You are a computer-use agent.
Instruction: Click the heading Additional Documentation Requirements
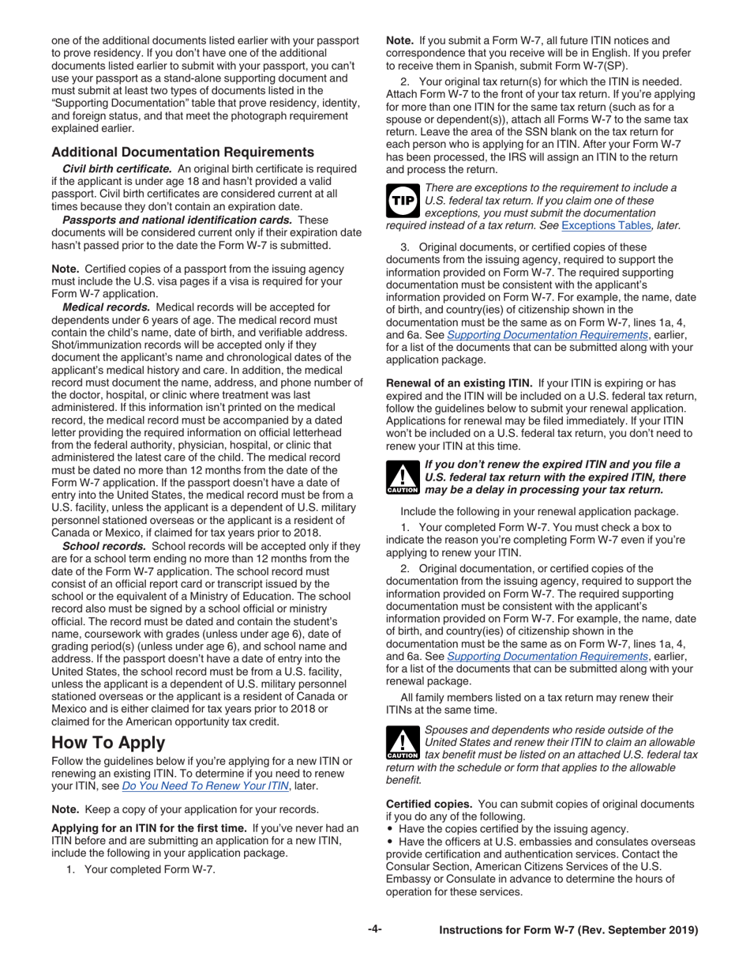(182, 152)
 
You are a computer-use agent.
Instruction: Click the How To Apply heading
(108, 742)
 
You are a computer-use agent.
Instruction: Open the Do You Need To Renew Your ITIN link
(205, 787)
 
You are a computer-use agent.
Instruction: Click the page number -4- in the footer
(375, 930)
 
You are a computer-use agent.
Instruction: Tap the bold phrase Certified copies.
(428, 804)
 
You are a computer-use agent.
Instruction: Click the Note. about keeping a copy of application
(65, 808)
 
